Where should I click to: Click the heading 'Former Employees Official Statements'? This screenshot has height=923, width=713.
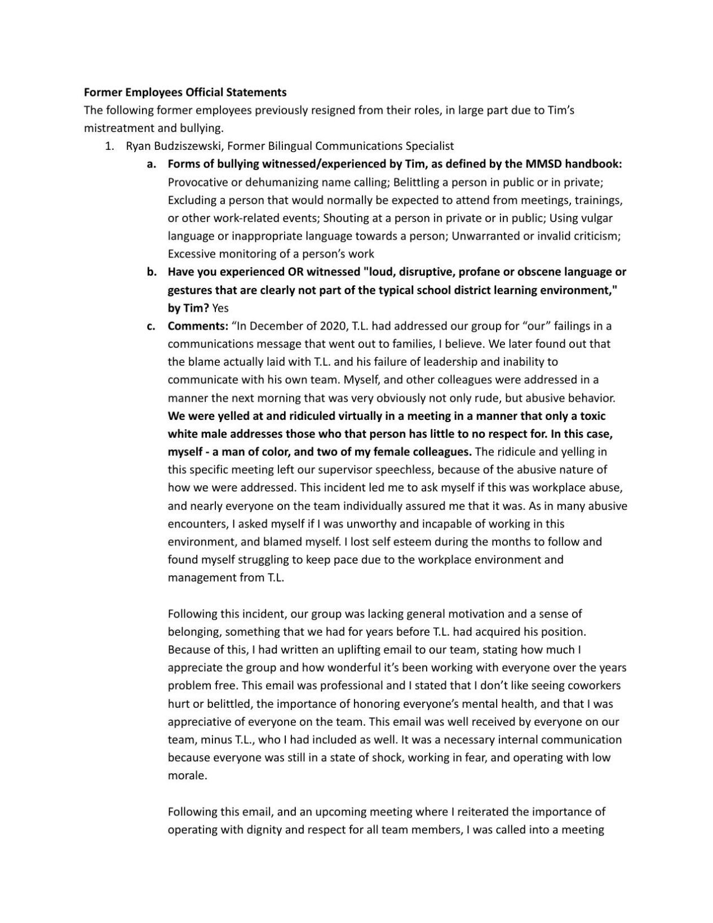point(185,92)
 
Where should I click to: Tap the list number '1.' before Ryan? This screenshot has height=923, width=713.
point(110,146)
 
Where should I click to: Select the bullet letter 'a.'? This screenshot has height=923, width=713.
point(151,164)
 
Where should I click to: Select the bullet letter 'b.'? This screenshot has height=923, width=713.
point(151,272)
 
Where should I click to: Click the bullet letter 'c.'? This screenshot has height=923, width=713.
point(151,326)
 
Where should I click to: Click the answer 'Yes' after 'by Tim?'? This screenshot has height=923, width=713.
point(220,308)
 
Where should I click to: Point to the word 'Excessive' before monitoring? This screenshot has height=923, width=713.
point(191,254)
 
